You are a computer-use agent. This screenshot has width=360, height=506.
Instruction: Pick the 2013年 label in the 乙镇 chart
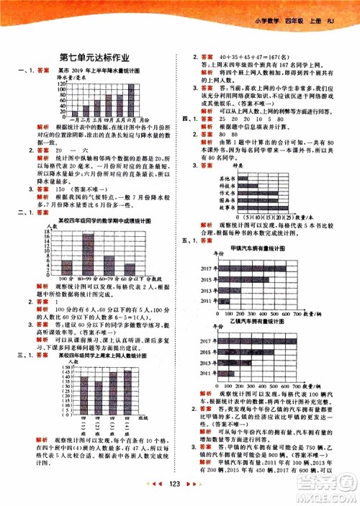point(207,364)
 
